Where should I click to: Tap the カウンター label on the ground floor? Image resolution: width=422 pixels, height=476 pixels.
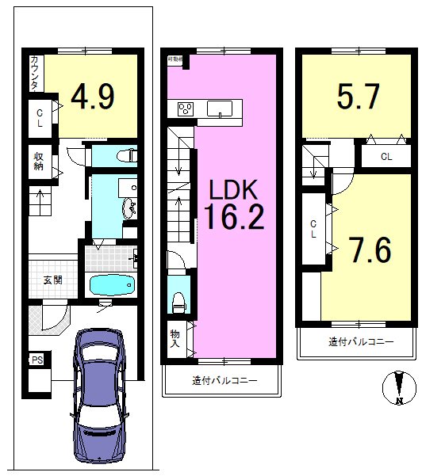(x=36, y=72)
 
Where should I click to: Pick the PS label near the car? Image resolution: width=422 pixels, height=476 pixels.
(x=36, y=360)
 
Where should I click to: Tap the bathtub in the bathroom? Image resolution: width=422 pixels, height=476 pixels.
(x=111, y=285)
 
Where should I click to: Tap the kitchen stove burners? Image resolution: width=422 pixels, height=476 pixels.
(x=186, y=109)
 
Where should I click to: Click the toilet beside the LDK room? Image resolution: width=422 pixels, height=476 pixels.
(x=179, y=300)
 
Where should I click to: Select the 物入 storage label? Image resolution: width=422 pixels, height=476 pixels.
(x=175, y=340)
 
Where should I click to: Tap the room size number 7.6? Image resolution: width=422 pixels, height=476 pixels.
(x=370, y=250)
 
